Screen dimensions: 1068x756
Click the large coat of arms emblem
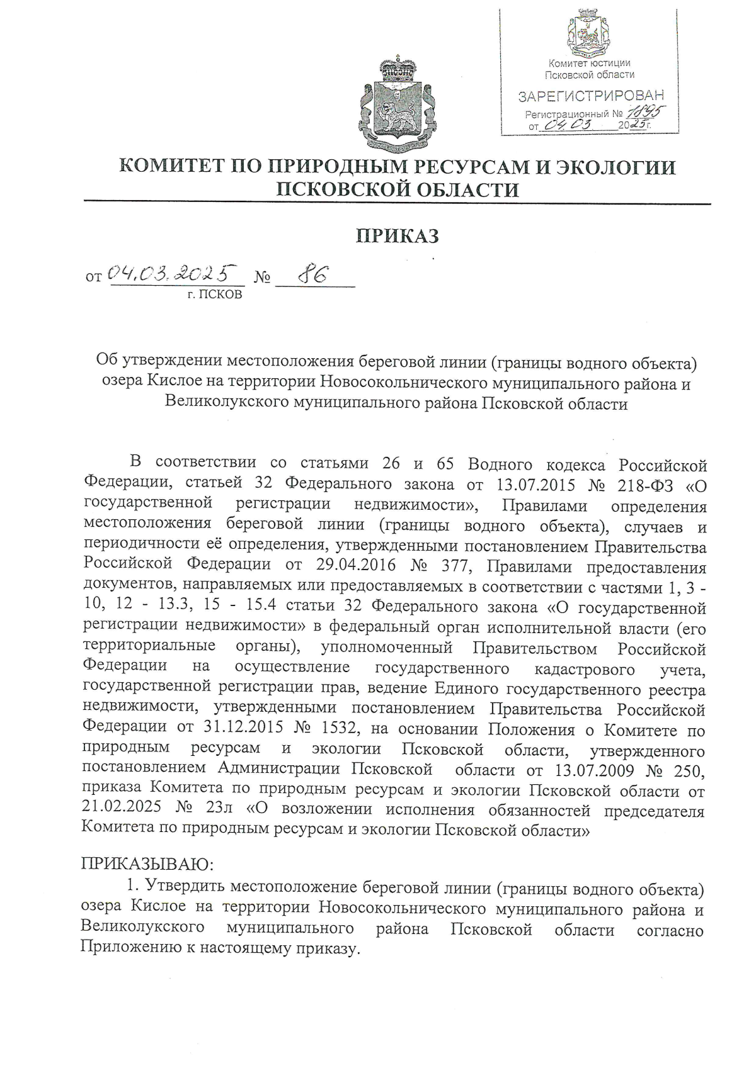pos(398,103)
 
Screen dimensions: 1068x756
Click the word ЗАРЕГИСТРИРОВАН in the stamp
pos(590,96)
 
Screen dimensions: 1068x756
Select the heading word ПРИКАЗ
pos(398,235)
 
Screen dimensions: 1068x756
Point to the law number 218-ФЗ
pos(641,484)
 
